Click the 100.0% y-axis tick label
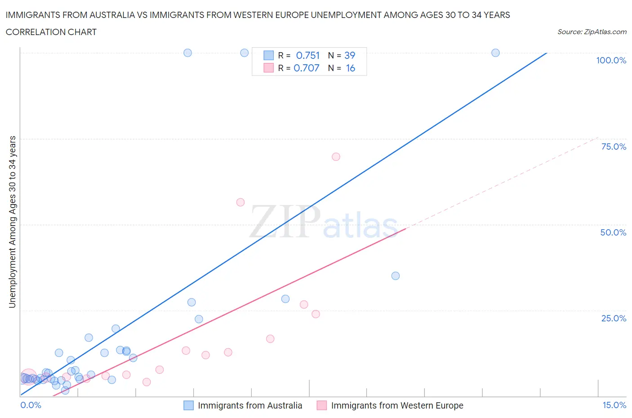pyautogui.click(x=611, y=61)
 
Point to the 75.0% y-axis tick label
pyautogui.click(x=614, y=147)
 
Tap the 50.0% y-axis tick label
pyautogui.click(x=613, y=232)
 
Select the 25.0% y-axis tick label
pyautogui.click(x=614, y=318)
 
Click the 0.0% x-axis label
pyautogui.click(x=31, y=405)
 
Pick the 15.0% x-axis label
pyautogui.click(x=614, y=405)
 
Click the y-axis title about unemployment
pyautogui.click(x=12, y=222)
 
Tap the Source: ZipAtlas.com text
pyautogui.click(x=592, y=32)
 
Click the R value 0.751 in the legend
pyautogui.click(x=308, y=55)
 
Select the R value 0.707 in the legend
pyautogui.click(x=307, y=68)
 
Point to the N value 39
pyautogui.click(x=350, y=55)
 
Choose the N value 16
pyautogui.click(x=351, y=68)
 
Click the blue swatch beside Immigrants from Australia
pyautogui.click(x=189, y=405)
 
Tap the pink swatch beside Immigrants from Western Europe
pyautogui.click(x=322, y=405)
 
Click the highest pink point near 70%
pyautogui.click(x=336, y=157)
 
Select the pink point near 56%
pyautogui.click(x=240, y=202)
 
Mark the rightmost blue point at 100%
pyautogui.click(x=495, y=53)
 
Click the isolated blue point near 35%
pyautogui.click(x=396, y=276)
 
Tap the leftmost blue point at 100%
pyautogui.click(x=188, y=53)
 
